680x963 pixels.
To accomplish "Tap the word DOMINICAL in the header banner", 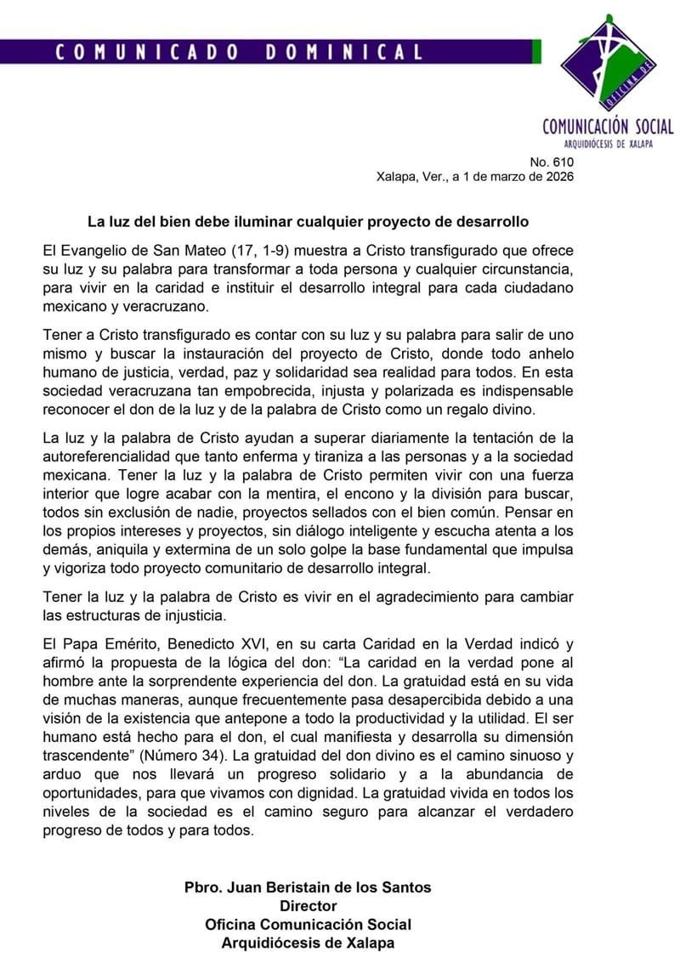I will click(x=343, y=52).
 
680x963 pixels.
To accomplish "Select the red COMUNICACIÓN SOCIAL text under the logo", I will click(x=608, y=127).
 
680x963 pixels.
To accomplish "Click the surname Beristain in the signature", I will click(x=288, y=887).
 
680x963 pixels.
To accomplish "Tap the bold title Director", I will click(x=308, y=906).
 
